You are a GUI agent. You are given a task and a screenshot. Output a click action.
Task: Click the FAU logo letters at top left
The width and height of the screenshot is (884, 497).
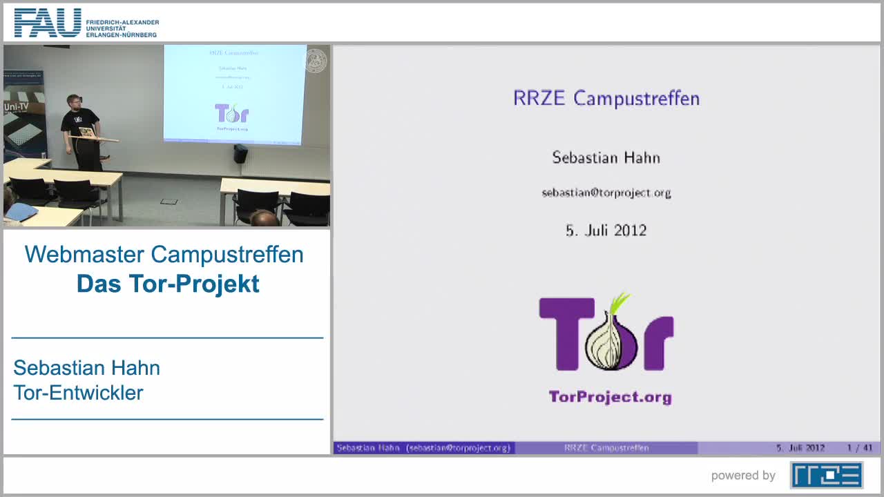tap(48, 23)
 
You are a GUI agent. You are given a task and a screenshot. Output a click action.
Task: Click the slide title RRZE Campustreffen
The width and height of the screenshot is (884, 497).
tap(606, 98)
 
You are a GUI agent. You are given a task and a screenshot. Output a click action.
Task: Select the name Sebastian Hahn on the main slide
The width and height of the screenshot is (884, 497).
tap(606, 157)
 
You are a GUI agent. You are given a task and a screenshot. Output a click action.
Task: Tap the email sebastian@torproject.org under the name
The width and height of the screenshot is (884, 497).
tap(606, 193)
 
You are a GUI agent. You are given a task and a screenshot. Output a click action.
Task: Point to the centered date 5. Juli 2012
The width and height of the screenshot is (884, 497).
tap(606, 231)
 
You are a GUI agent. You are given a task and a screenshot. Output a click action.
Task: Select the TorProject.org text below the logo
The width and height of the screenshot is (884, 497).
tap(610, 397)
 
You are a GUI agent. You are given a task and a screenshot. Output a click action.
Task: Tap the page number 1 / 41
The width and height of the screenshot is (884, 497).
tap(860, 448)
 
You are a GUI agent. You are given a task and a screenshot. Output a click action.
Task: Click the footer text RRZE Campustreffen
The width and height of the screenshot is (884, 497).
tap(606, 448)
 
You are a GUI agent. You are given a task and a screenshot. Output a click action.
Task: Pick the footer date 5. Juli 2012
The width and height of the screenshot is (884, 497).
tap(800, 448)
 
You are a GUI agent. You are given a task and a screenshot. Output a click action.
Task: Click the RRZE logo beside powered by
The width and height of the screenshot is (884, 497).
tap(827, 475)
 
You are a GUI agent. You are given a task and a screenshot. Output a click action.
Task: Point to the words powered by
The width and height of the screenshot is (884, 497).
tap(743, 475)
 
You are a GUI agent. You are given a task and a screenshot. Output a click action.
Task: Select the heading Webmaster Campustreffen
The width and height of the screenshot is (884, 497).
tap(164, 254)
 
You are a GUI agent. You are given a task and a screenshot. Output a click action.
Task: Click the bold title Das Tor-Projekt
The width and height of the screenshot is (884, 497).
tap(168, 284)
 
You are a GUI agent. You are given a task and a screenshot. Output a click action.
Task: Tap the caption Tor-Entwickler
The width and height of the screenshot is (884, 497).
tap(78, 393)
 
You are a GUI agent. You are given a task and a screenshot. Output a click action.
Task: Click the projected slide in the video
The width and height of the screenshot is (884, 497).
tap(233, 93)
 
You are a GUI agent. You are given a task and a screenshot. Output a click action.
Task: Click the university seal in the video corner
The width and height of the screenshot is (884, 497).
tap(316, 60)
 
